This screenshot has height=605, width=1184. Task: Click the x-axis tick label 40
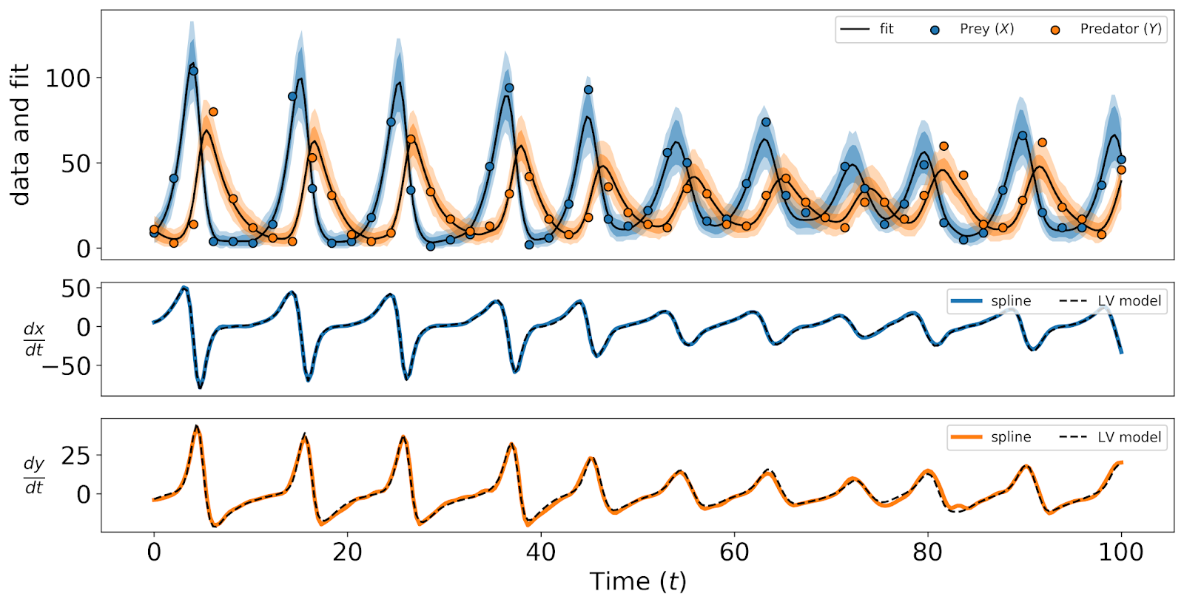pyautogui.click(x=540, y=552)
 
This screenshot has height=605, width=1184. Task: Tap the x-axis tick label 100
pyautogui.click(x=1120, y=552)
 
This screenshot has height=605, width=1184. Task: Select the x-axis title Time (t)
pyautogui.click(x=638, y=582)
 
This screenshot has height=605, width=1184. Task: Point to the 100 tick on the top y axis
pyautogui.click(x=67, y=78)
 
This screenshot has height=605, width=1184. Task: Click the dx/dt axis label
pyautogui.click(x=34, y=339)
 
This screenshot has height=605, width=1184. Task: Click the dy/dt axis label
pyautogui.click(x=34, y=475)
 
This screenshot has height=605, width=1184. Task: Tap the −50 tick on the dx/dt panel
pyautogui.click(x=66, y=366)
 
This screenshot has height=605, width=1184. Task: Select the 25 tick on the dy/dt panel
pyautogui.click(x=75, y=456)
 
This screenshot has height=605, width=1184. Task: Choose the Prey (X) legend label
pyautogui.click(x=986, y=29)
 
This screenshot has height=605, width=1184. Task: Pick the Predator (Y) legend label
pyautogui.click(x=1120, y=29)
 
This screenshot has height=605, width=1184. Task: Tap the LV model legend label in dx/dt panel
pyautogui.click(x=1129, y=301)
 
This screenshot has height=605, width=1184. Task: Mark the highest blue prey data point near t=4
pyautogui.click(x=194, y=72)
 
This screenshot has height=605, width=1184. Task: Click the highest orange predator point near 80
pyautogui.click(x=943, y=146)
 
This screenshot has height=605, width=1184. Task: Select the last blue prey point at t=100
pyautogui.click(x=1121, y=160)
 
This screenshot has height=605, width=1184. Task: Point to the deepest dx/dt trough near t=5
pyautogui.click(x=199, y=387)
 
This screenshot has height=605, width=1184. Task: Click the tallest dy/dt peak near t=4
pyautogui.click(x=195, y=427)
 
